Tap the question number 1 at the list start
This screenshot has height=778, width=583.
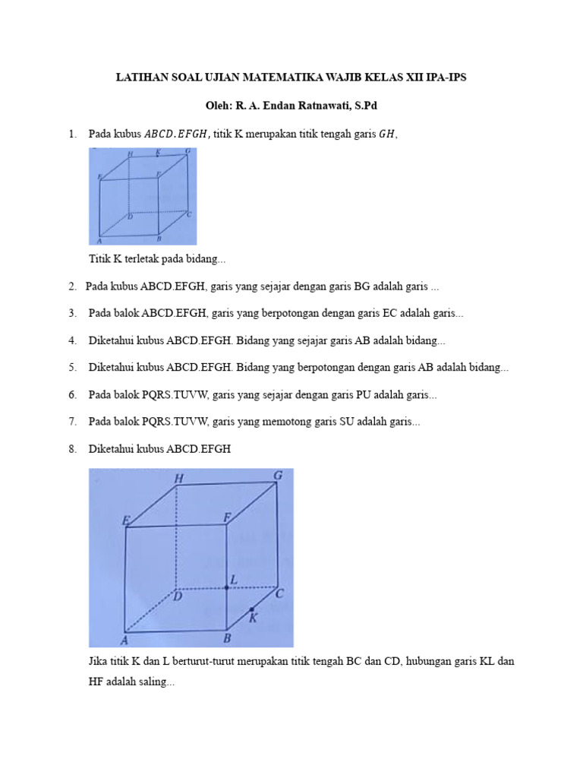72,134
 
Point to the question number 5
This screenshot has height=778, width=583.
72,368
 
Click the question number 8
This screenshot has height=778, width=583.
72,450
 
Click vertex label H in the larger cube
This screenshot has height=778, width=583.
179,479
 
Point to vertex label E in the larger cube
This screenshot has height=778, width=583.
125,520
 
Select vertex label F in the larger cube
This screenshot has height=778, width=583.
226,518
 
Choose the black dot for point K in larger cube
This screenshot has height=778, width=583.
252,609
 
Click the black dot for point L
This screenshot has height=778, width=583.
227,587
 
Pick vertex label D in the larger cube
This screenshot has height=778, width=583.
178,597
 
